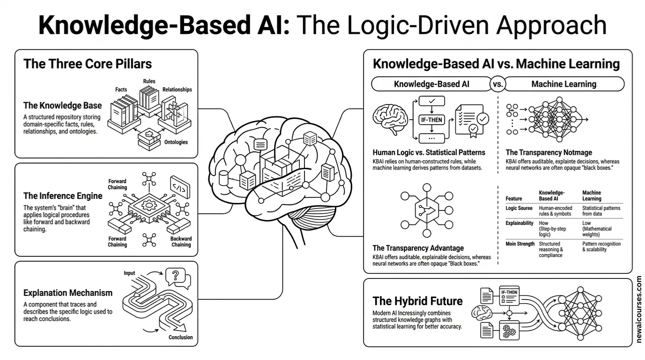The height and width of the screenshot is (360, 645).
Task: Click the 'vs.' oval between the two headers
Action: click(x=497, y=84)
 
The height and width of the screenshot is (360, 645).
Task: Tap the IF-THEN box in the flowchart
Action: click(x=431, y=120)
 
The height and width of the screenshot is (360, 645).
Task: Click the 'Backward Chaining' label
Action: click(x=181, y=241)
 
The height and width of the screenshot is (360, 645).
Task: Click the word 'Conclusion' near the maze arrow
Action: click(x=180, y=337)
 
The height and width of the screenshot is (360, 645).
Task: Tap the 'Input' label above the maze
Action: click(x=130, y=273)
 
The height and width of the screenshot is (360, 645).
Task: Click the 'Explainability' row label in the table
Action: click(x=519, y=223)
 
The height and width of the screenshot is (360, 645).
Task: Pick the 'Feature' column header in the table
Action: click(x=514, y=199)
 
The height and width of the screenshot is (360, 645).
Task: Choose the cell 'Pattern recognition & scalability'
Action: click(x=601, y=247)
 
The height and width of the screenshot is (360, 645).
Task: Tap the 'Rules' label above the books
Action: click(x=149, y=82)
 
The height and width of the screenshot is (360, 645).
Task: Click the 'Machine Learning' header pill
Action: click(x=563, y=84)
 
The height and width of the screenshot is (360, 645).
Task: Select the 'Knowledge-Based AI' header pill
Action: click(x=431, y=84)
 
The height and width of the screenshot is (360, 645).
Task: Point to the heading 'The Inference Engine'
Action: click(x=62, y=195)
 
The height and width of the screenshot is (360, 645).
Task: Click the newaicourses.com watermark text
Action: click(x=639, y=309)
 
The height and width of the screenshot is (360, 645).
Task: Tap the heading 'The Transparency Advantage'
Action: click(x=418, y=248)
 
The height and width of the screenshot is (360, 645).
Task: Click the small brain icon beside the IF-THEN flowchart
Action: click(x=388, y=120)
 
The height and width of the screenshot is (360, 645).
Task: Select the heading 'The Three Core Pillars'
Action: click(x=88, y=64)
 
